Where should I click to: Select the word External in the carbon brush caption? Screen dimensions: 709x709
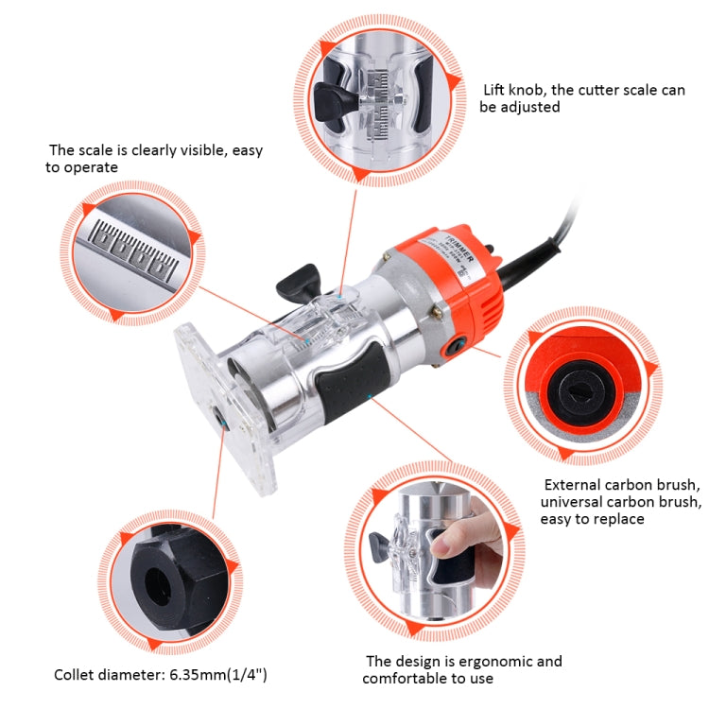point(571,484)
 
